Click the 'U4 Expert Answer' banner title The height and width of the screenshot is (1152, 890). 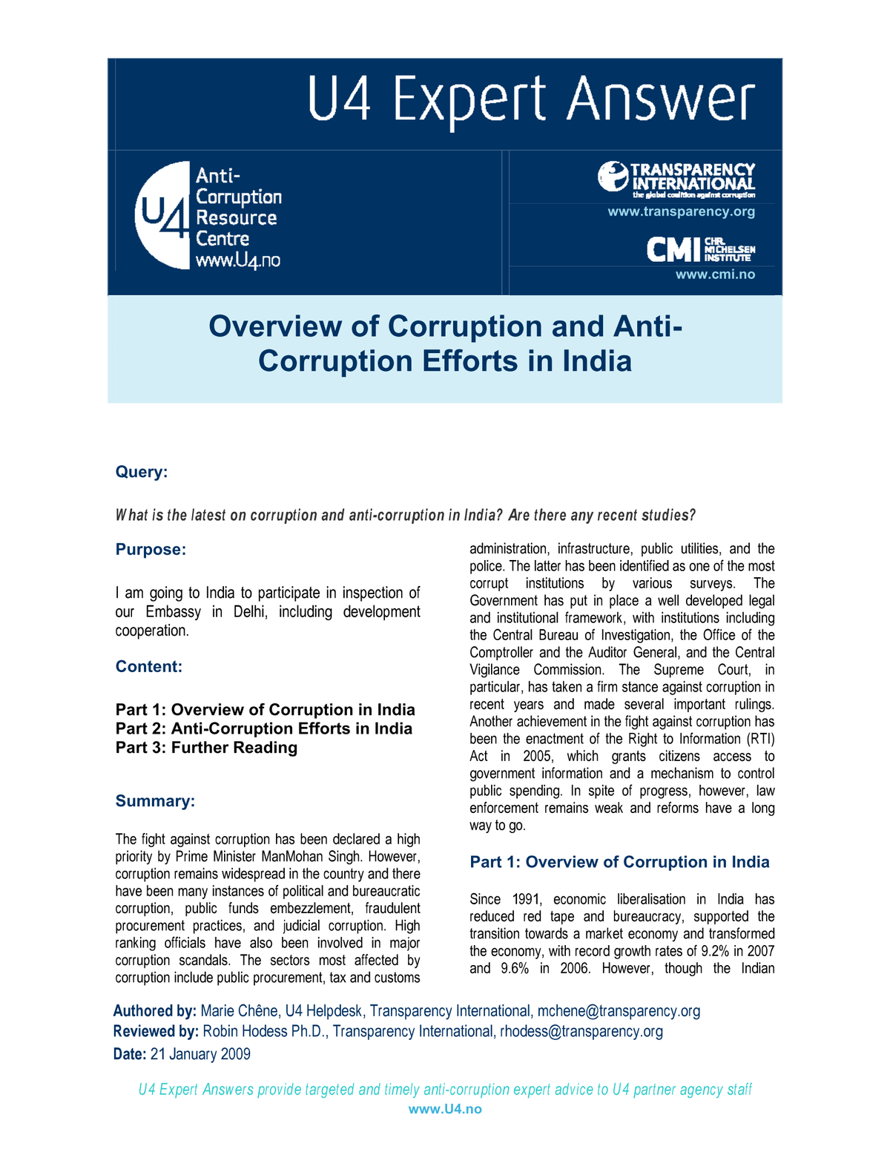531,100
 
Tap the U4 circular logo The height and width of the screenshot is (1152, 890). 162,215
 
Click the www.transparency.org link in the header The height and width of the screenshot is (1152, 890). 681,211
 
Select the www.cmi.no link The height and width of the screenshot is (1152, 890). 714,274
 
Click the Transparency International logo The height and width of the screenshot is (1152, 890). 676,179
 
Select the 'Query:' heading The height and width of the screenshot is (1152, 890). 142,473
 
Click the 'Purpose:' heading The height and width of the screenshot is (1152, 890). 151,550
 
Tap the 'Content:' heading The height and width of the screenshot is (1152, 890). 149,667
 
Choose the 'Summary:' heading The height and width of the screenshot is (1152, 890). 155,801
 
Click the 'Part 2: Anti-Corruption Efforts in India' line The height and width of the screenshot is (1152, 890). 264,728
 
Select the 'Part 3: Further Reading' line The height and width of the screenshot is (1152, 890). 206,748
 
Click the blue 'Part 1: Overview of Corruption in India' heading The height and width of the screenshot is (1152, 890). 619,862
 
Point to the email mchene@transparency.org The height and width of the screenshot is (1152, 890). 619,1011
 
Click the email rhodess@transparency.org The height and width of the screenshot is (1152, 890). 581,1031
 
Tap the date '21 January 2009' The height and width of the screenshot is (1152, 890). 200,1054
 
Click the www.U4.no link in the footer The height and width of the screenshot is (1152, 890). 445,1109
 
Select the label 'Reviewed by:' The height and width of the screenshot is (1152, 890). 156,1031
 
